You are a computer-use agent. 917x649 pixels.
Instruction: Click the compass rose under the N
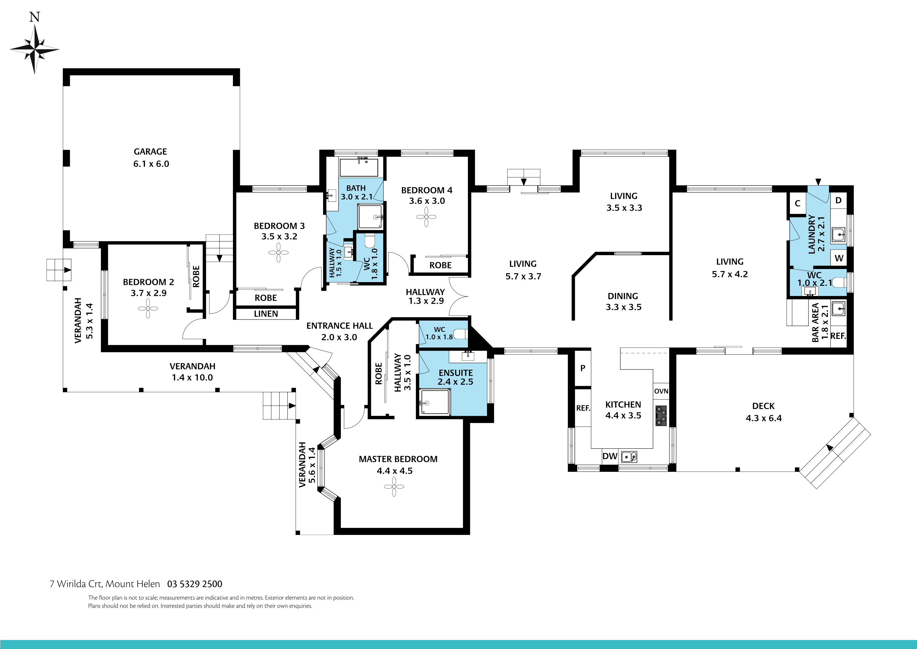click(x=34, y=49)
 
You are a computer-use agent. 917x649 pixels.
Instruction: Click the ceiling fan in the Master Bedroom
click(x=394, y=487)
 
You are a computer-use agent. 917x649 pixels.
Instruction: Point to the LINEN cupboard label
click(x=266, y=314)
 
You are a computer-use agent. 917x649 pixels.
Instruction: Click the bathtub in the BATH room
click(x=359, y=167)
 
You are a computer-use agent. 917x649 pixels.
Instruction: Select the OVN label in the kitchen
click(x=661, y=391)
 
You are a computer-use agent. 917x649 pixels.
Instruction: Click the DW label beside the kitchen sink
click(x=610, y=456)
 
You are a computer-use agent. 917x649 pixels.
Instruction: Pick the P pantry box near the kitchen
click(x=583, y=368)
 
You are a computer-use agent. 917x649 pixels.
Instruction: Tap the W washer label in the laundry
click(x=839, y=258)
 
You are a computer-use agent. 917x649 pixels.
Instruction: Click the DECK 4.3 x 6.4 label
click(x=763, y=412)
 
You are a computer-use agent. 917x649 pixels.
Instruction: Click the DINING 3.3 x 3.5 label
click(x=623, y=301)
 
